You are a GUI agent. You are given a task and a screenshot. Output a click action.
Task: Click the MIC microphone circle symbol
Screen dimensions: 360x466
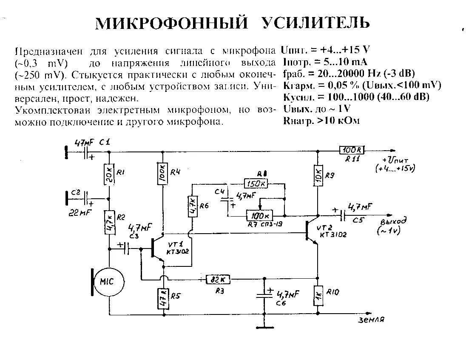(x=109, y=282)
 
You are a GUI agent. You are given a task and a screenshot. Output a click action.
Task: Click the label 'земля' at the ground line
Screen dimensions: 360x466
(x=371, y=320)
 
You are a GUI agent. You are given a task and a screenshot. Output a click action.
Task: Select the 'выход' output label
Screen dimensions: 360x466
(x=393, y=222)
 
